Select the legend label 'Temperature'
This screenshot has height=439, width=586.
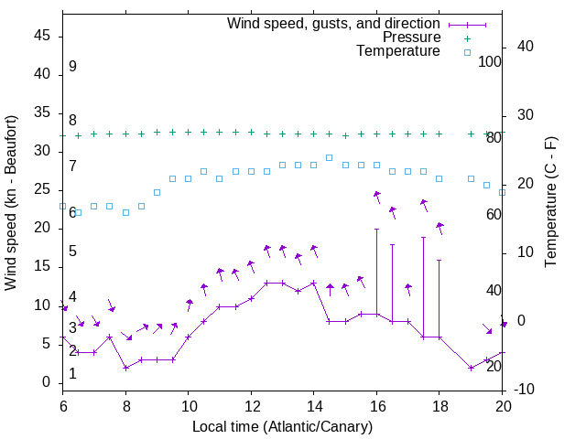398,51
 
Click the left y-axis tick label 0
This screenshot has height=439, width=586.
50,382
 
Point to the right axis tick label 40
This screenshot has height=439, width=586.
525,47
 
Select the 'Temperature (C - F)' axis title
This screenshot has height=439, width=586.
550,203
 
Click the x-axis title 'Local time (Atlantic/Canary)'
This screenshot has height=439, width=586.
282,426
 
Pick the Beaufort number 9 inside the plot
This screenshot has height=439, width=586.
72,67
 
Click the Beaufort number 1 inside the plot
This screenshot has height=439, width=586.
72,374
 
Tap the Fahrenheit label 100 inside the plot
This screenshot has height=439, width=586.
490,61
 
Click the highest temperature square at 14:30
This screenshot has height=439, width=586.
330,157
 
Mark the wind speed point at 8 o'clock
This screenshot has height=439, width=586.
125,368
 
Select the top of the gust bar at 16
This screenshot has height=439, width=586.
376,229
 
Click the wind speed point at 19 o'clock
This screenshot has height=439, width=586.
471,368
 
